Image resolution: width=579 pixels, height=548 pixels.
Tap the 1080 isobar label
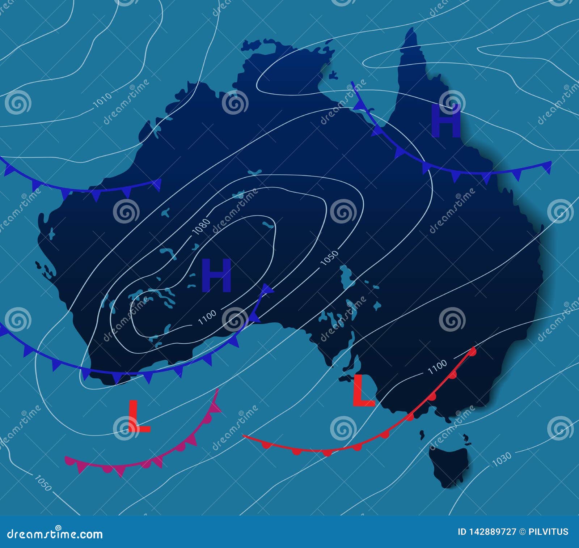click(202, 227)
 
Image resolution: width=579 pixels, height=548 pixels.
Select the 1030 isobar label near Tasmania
click(502, 459)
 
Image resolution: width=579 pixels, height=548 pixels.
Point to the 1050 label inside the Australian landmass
click(330, 258)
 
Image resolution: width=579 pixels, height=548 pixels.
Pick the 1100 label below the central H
click(207, 317)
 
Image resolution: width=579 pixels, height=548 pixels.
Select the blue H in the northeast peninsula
click(446, 121)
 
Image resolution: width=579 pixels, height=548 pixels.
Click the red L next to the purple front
click(139, 417)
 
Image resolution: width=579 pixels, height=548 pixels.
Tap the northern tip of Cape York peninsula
click(410, 31)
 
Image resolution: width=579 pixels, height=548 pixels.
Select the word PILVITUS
click(549, 532)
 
